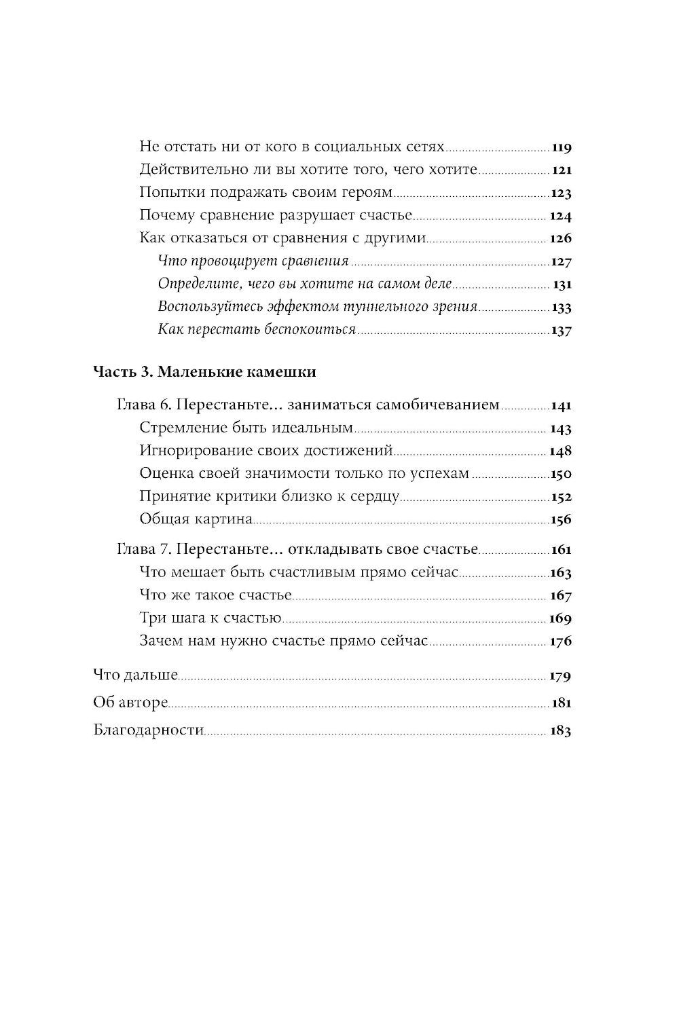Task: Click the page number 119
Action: tap(562, 147)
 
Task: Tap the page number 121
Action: tap(562, 170)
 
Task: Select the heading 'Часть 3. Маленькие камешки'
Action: tap(204, 373)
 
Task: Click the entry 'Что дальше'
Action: tap(135, 675)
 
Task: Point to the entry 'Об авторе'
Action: tap(130, 703)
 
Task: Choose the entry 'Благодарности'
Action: tap(149, 730)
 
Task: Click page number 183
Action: tap(561, 731)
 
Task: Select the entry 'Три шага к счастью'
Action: tap(210, 618)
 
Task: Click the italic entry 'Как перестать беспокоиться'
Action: tap(257, 330)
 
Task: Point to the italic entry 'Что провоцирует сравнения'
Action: tap(253, 261)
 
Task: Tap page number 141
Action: tap(562, 407)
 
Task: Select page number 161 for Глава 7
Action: tap(562, 551)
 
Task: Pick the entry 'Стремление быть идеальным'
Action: tap(246, 428)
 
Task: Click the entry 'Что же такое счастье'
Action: tap(215, 595)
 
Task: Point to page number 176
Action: tap(561, 641)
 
